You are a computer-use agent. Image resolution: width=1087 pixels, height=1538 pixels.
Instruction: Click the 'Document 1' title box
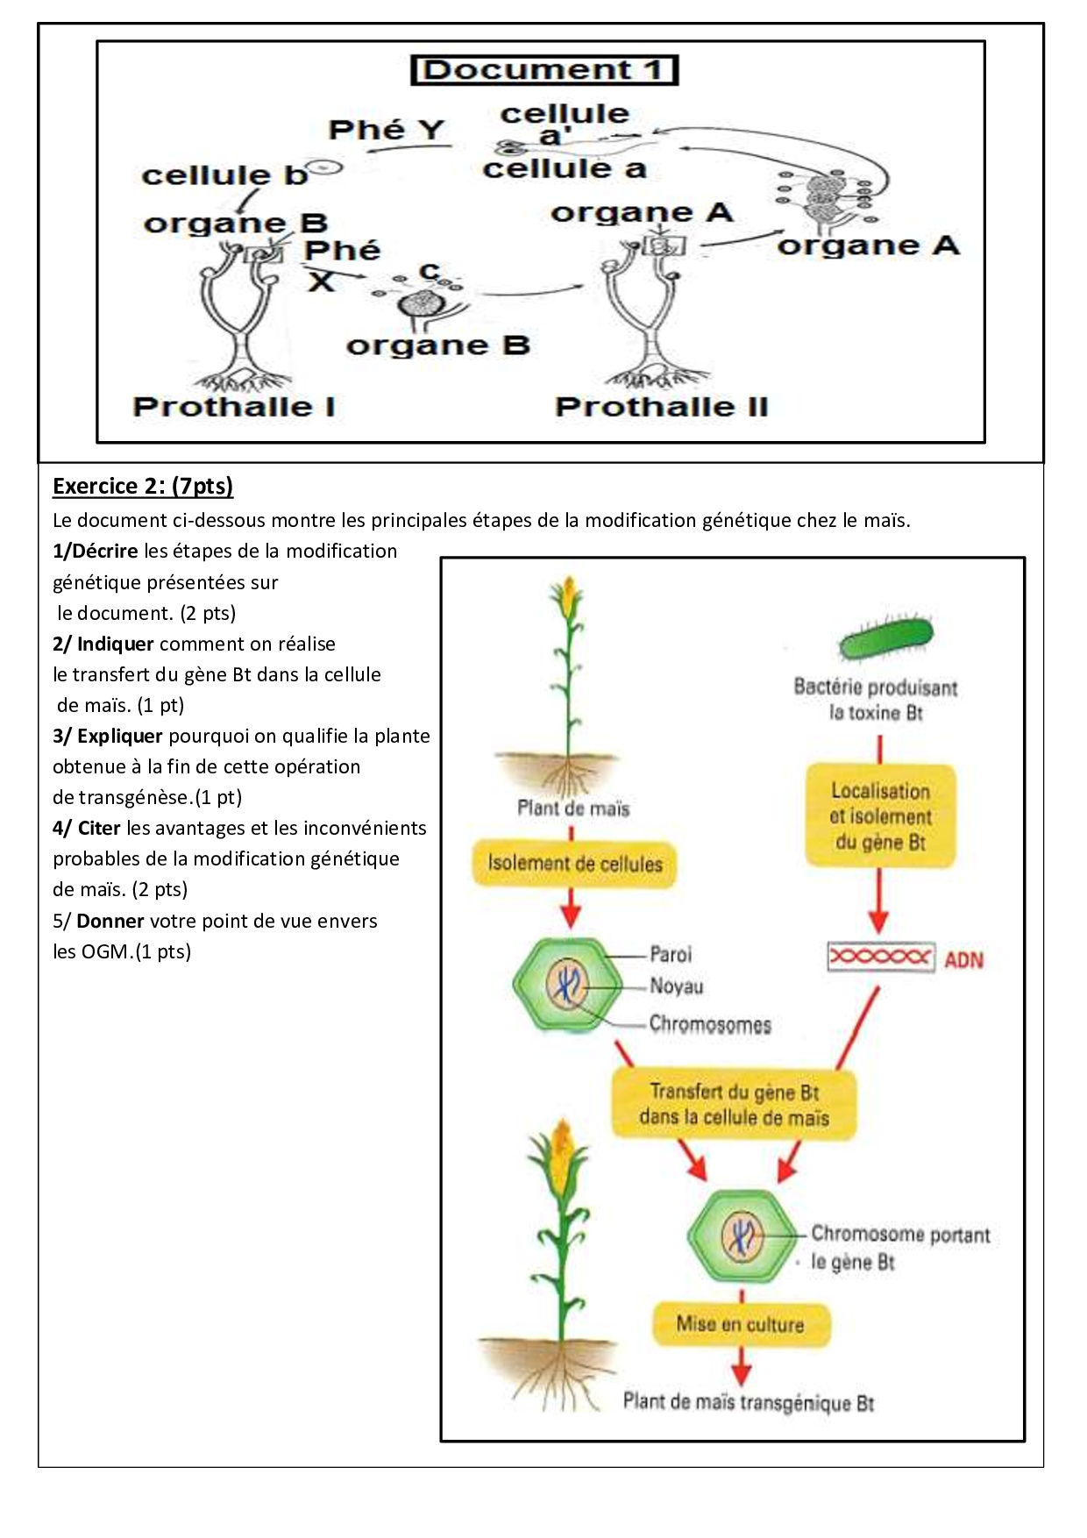(x=544, y=70)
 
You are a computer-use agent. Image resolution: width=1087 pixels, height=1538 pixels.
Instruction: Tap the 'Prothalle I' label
(x=234, y=407)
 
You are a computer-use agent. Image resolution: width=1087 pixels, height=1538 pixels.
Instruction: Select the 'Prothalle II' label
(x=662, y=407)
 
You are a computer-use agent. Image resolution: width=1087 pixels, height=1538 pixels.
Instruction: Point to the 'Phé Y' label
(x=387, y=130)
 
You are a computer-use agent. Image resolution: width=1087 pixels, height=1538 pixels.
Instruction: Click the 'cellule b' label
(x=224, y=175)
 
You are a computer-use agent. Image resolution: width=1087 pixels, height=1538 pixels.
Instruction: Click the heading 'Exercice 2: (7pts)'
(x=143, y=486)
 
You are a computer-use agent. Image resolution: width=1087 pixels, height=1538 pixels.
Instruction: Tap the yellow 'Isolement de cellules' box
(x=575, y=865)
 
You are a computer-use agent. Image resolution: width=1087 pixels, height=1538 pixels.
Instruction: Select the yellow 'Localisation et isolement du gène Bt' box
(x=880, y=815)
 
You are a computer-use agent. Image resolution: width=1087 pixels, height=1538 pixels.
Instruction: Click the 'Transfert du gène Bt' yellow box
(x=734, y=1104)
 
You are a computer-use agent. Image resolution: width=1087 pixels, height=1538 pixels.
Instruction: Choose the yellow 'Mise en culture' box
(x=741, y=1324)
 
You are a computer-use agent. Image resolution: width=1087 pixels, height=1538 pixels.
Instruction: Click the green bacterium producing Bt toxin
(x=886, y=639)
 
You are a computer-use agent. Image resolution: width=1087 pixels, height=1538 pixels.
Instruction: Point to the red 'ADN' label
(x=964, y=960)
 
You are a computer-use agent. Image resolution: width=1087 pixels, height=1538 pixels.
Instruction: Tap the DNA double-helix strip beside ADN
(x=881, y=957)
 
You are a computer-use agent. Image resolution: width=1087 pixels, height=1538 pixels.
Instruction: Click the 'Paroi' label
(x=671, y=954)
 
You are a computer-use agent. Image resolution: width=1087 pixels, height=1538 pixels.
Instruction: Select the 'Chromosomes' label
(x=710, y=1024)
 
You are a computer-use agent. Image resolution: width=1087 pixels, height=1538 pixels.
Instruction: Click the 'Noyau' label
(x=677, y=986)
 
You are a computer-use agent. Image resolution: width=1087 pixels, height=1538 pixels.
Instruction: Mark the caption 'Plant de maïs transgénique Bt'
(x=749, y=1402)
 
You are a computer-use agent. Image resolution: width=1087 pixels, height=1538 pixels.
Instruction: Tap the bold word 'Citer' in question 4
(x=99, y=829)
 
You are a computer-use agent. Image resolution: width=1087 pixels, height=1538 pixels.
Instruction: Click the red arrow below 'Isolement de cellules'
(x=571, y=908)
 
